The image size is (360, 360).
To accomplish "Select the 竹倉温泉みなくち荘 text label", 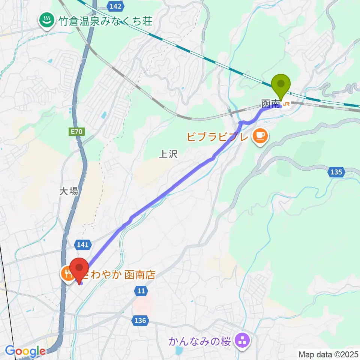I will (105, 21).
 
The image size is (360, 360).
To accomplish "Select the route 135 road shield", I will (336, 172).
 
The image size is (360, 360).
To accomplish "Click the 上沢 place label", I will (168, 154).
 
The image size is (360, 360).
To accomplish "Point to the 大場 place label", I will (69, 191).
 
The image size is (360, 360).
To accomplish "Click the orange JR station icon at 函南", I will (286, 104).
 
